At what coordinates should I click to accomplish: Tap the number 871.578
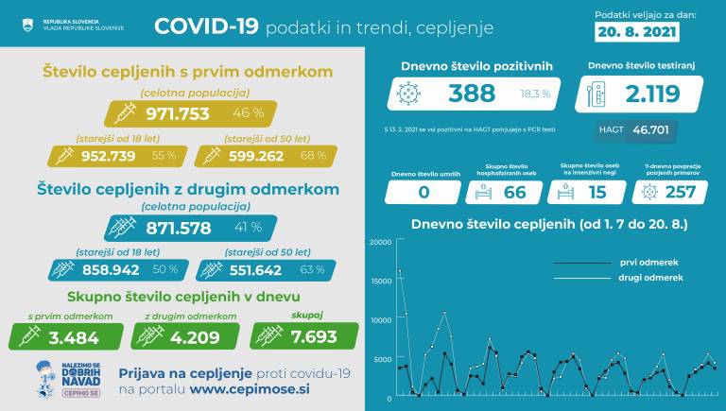click(185, 229)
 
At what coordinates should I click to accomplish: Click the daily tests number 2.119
click(651, 94)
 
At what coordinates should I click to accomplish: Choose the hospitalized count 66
click(513, 192)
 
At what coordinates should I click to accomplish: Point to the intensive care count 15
click(596, 192)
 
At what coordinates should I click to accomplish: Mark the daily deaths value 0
click(423, 192)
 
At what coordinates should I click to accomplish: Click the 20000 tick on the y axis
click(379, 243)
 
